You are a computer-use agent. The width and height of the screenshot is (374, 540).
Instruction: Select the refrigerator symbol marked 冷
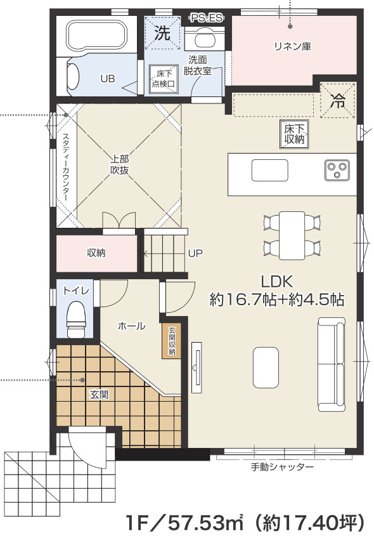coord(339,100)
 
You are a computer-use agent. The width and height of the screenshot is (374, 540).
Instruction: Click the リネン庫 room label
coord(292,46)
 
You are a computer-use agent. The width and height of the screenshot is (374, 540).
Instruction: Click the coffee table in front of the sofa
coord(266,365)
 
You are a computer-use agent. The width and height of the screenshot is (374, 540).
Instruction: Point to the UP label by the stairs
coord(195,253)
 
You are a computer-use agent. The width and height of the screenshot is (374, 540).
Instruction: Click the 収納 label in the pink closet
coord(96,253)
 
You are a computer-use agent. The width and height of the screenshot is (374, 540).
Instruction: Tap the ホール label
coord(131,326)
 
